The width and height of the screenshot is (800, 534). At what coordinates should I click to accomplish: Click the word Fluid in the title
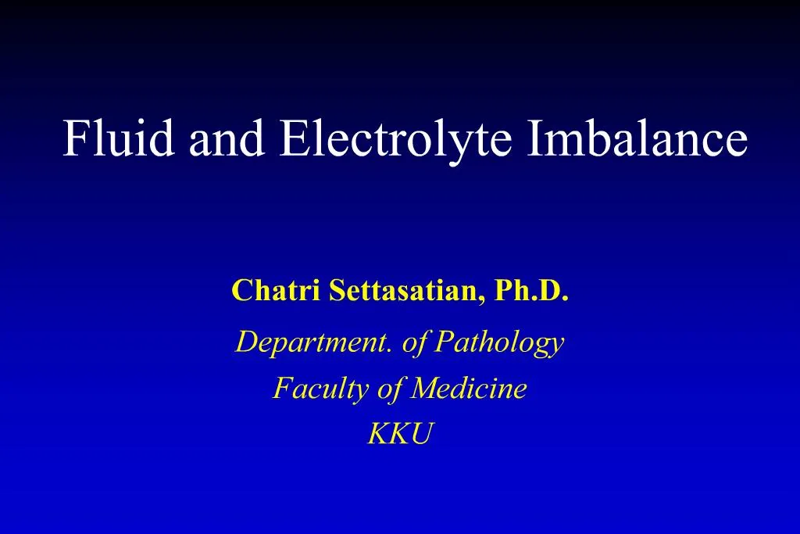point(119,138)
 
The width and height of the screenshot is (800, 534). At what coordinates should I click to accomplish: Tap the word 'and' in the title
point(227,138)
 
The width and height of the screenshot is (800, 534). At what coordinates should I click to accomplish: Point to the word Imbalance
point(637,138)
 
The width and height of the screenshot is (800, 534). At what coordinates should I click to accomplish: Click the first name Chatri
point(276,290)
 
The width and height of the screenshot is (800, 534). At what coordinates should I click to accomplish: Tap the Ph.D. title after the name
point(531,290)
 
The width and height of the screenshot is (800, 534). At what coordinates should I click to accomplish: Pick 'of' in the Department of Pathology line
point(415,342)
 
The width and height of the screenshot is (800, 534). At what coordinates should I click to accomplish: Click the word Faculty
point(320,389)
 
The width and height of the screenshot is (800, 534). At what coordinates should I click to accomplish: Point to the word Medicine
point(469,388)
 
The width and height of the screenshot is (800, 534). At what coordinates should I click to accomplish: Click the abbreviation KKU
point(400,434)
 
